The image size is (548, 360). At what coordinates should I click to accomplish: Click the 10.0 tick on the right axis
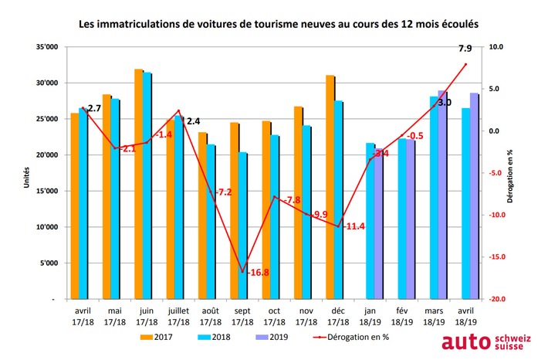(493, 47)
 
